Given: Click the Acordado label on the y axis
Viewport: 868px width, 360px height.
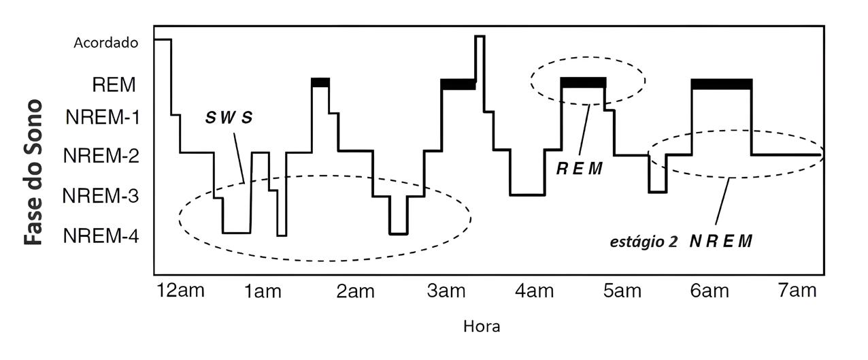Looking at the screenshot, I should pos(105,43).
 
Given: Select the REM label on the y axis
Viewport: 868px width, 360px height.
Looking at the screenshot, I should pos(114,85).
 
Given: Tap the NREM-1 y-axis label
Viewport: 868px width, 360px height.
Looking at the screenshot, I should pos(103,117).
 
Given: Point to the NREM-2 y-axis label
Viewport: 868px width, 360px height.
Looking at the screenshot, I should pos(101,157).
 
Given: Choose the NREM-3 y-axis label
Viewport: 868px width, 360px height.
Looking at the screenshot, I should pos(101,197).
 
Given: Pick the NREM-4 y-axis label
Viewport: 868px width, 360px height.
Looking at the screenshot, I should pos(101,237).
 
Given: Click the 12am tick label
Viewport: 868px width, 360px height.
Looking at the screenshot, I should pos(180,291).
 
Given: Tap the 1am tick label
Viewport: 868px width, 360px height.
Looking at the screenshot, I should pos(263,292).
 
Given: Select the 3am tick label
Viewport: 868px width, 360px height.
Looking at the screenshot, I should pos(446,292).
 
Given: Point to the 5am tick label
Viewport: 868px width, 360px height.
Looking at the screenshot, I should pos(622,292).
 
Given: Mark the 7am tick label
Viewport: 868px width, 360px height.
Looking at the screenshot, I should pos(797,291).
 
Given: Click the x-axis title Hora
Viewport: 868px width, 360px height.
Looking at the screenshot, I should pos(482,327).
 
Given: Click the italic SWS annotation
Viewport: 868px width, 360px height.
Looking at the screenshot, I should pos(229,117).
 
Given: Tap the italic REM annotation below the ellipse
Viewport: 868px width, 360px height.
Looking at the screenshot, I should pos(580,168).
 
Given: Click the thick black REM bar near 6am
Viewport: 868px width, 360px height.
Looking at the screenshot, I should pos(722,84).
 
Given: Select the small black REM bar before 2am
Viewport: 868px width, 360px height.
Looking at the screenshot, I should pos(320,82).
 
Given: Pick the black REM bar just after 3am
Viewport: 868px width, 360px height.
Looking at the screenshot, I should pos(458,84).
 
